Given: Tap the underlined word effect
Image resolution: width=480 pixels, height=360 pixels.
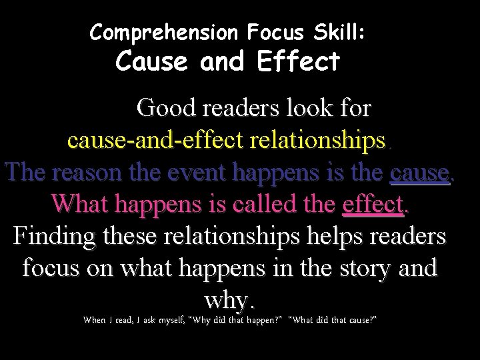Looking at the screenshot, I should click(373, 205).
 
